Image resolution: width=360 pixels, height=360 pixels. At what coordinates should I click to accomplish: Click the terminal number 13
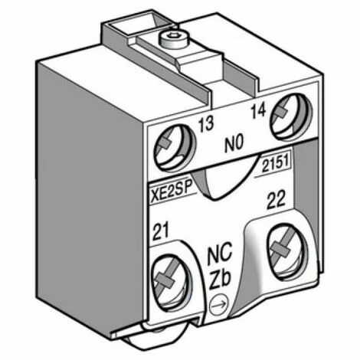coord(206,124)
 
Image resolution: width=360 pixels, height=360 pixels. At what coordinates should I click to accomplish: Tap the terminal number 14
coord(258,111)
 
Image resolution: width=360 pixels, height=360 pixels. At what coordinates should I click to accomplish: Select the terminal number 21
coord(161,231)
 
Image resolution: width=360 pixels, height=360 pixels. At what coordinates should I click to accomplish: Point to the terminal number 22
coord(276,201)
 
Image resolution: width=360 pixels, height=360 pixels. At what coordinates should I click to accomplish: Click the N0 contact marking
coord(234,143)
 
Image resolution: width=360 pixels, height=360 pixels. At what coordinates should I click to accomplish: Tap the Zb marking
coord(220,280)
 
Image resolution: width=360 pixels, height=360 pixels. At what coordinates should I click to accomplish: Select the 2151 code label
coord(276,164)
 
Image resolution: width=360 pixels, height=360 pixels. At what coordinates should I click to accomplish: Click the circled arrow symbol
coord(219,305)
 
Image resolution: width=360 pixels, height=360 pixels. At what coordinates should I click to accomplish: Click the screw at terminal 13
coord(174,148)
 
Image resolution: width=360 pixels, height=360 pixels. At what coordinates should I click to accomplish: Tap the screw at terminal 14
coord(290,117)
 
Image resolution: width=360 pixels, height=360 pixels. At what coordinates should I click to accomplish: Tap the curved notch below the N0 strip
coord(224,178)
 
